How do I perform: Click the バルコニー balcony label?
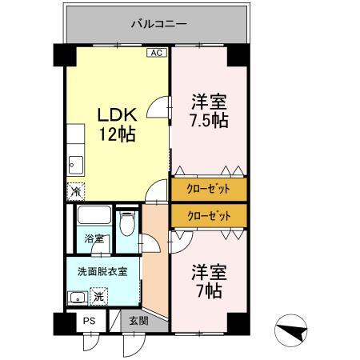158,24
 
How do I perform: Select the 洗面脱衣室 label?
102,270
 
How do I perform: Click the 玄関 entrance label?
138,321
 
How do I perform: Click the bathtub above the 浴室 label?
94,216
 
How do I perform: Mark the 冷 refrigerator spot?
74,191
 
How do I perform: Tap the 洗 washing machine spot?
98,297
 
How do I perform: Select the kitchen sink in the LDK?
74,165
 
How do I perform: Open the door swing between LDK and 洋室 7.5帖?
162,108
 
